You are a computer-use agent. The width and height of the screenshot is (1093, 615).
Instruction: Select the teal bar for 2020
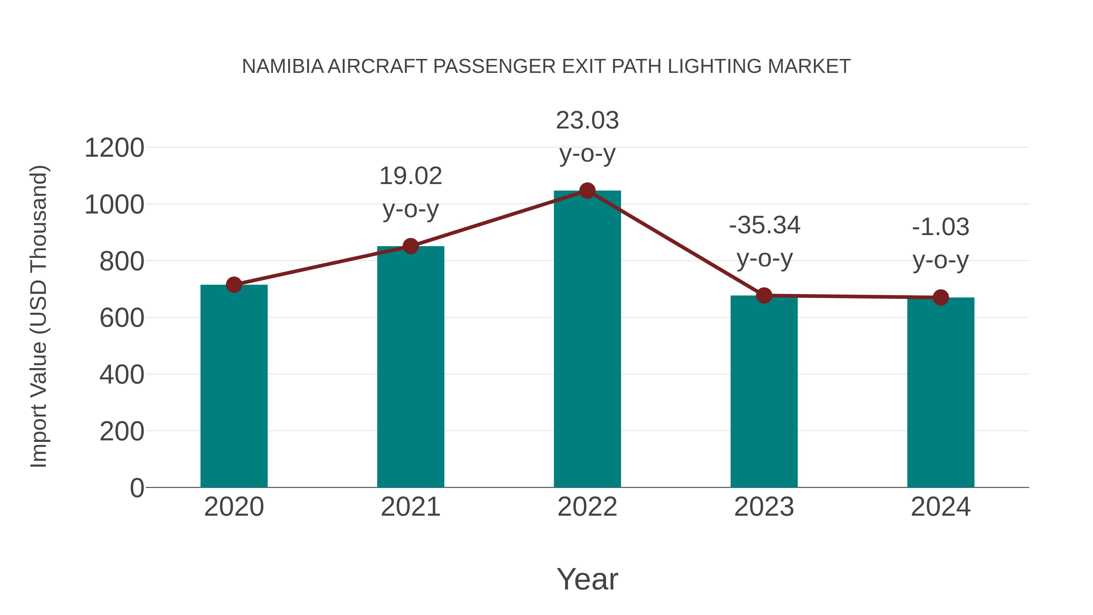point(234,386)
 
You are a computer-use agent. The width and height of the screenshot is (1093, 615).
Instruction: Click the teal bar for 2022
point(587,340)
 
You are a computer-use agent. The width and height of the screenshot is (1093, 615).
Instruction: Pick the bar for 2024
point(941,393)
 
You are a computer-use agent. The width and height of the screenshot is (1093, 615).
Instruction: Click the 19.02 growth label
point(410,176)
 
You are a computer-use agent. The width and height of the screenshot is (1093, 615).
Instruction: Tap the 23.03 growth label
point(587,121)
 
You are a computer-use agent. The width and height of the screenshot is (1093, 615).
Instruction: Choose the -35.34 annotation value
point(764,225)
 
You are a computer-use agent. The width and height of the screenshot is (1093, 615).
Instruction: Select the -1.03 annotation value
point(941,227)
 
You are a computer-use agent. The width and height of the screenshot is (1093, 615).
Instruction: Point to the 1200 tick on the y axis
point(114,148)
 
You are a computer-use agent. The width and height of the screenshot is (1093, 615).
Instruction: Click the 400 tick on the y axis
point(122,375)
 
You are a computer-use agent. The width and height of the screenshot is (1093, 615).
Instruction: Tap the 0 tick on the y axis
point(137,488)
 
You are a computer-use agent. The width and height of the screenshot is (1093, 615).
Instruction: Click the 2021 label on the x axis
point(410,507)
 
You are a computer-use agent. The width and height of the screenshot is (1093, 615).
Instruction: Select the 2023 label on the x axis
point(764,507)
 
